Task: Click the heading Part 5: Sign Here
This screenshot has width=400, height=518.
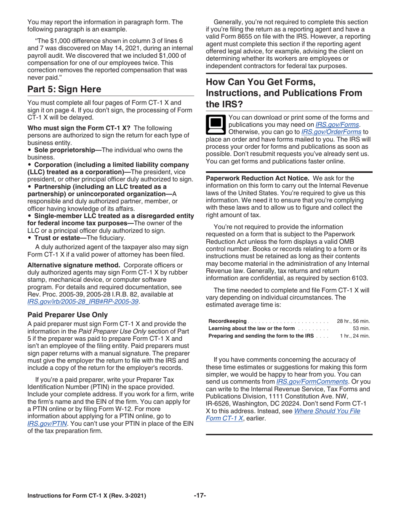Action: [x=64, y=89]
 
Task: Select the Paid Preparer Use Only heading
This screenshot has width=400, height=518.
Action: [x=67, y=315]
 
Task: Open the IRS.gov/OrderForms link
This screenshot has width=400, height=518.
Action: [x=331, y=132]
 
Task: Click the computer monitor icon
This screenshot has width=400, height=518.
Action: [x=216, y=123]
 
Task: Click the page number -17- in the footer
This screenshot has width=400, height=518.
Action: [x=200, y=496]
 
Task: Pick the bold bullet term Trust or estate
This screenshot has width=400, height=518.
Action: [x=59, y=238]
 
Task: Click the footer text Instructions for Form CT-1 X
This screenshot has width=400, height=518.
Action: [x=87, y=496]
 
